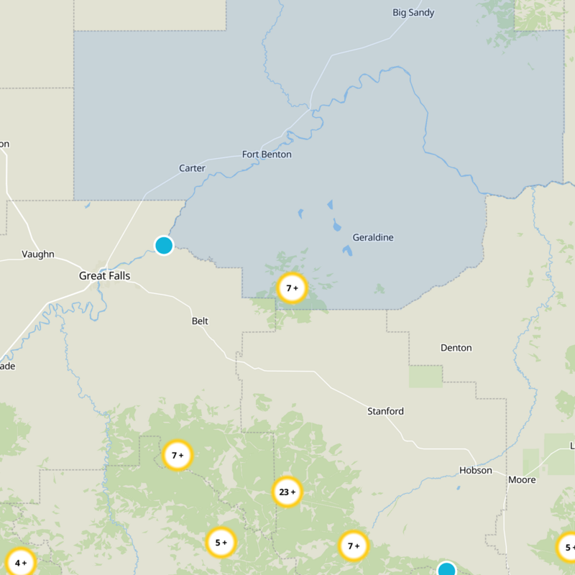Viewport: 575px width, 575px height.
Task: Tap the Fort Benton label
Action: pyautogui.click(x=267, y=154)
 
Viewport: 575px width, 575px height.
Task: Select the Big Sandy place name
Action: pyautogui.click(x=413, y=12)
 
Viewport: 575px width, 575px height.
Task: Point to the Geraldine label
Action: pyautogui.click(x=373, y=237)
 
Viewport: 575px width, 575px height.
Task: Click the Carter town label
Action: pyautogui.click(x=192, y=168)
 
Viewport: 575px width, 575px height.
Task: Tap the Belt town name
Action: pyautogui.click(x=200, y=321)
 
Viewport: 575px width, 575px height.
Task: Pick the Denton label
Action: pyautogui.click(x=456, y=348)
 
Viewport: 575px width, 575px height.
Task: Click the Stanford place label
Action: pyautogui.click(x=385, y=411)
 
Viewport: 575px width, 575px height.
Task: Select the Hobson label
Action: pyautogui.click(x=476, y=470)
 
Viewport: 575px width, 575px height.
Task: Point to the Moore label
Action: pyautogui.click(x=522, y=479)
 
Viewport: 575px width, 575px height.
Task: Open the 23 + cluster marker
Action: pyautogui.click(x=287, y=492)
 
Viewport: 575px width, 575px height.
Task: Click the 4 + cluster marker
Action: pyautogui.click(x=19, y=563)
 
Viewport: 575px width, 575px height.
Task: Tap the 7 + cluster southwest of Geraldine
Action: pyautogui.click(x=292, y=289)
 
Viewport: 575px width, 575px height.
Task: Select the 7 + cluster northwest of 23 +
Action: pyautogui.click(x=178, y=455)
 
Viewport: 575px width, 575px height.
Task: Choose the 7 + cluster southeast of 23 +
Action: pyautogui.click(x=354, y=546)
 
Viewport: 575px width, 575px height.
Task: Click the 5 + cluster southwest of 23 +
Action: pyautogui.click(x=221, y=543)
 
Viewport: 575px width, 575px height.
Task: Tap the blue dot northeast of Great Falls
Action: pyautogui.click(x=164, y=245)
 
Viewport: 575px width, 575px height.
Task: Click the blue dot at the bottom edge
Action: pyautogui.click(x=446, y=570)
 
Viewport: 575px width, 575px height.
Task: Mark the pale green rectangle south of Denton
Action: pyautogui.click(x=425, y=376)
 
